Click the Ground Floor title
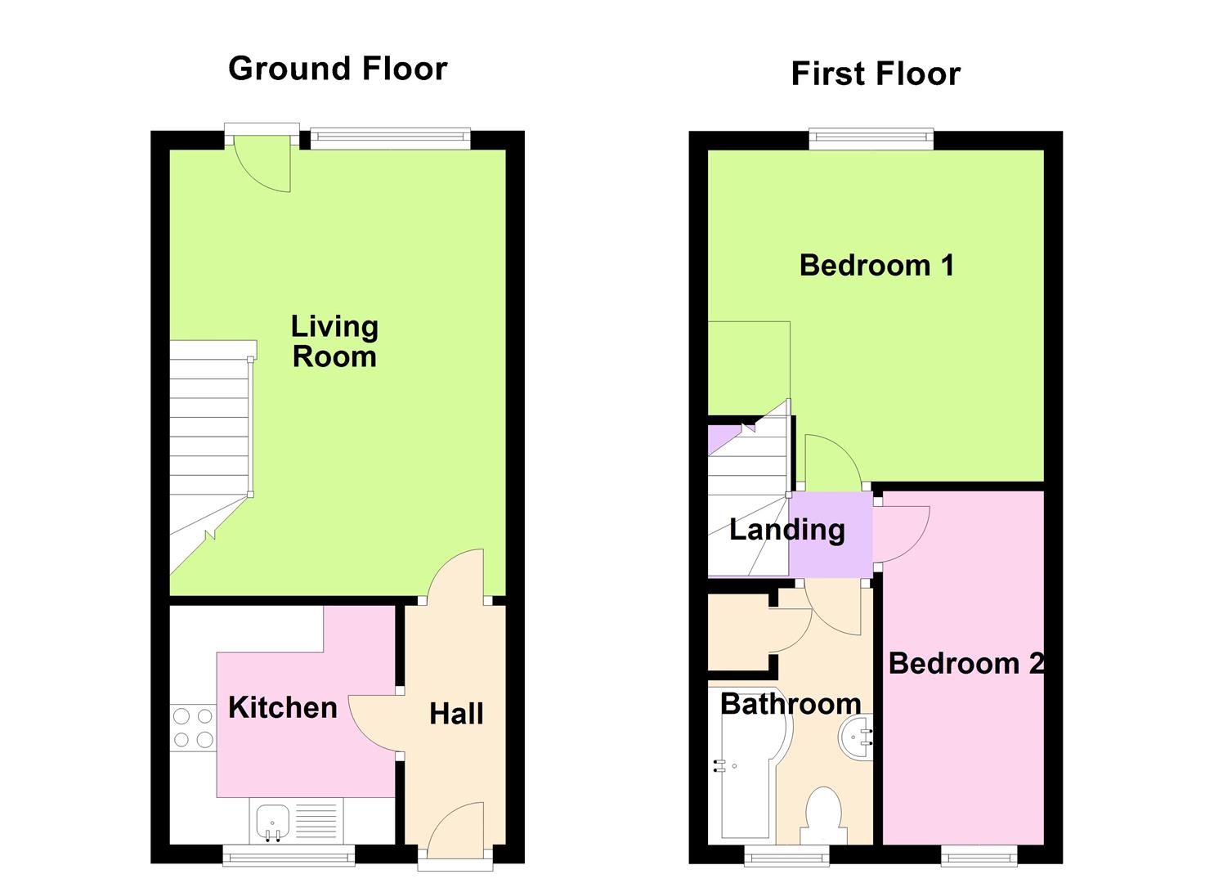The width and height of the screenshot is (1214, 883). pyautogui.click(x=338, y=69)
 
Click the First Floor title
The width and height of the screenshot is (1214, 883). pyautogui.click(x=876, y=74)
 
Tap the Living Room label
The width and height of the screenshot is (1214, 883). pyautogui.click(x=334, y=342)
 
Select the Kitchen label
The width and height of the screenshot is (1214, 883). pyautogui.click(x=282, y=707)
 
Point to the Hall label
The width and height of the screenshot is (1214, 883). pyautogui.click(x=456, y=714)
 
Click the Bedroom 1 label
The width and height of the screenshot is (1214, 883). pyautogui.click(x=876, y=265)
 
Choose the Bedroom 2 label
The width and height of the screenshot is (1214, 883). pyautogui.click(x=965, y=663)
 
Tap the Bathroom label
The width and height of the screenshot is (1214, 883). pyautogui.click(x=790, y=703)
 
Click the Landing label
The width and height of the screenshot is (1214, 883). pyautogui.click(x=786, y=530)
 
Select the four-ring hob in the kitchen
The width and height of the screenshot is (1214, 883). pyautogui.click(x=193, y=728)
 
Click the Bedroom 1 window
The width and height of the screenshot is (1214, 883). pyautogui.click(x=871, y=139)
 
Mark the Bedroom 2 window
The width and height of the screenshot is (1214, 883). pyautogui.click(x=979, y=855)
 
